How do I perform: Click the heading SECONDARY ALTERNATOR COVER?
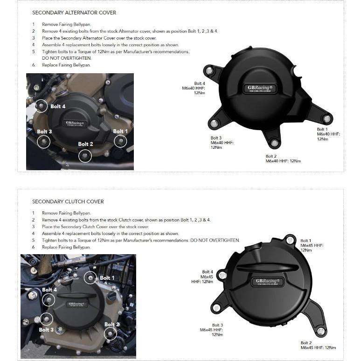pos(74,13)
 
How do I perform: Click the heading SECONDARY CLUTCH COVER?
pos(68,201)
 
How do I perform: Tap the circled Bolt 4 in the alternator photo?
pos(42,106)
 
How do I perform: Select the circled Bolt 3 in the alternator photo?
pos(44,141)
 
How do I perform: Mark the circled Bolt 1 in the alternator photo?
pos(120,141)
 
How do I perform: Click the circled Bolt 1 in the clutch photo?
pos(90,278)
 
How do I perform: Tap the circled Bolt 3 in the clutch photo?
pos(46,319)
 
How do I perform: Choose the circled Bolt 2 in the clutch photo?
pos(111,333)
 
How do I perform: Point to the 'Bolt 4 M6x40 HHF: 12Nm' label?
pos(193,88)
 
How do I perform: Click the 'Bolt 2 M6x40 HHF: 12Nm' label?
pos(283,159)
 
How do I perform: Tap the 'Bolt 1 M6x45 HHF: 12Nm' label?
pos(312,245)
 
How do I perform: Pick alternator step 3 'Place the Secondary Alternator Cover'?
pos(99,38)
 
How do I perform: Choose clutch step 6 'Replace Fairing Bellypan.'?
pos(66,247)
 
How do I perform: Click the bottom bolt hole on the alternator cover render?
pos(275,142)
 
